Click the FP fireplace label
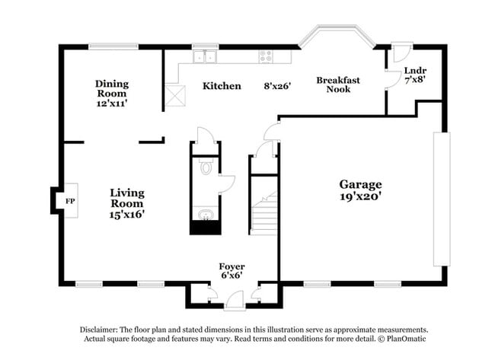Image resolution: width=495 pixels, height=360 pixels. [x=70, y=201]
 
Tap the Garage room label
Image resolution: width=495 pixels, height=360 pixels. [x=360, y=184]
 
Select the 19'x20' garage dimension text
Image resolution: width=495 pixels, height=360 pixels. [x=360, y=196]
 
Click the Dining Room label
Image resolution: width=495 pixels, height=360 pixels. [x=112, y=88]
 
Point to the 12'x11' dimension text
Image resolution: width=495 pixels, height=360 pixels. [x=112, y=104]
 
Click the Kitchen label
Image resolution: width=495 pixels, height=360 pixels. [x=222, y=86]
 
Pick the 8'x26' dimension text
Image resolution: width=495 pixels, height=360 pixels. [x=277, y=86]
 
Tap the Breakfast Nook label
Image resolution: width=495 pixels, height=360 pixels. [x=338, y=84]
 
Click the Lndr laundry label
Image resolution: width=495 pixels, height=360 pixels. [x=416, y=71]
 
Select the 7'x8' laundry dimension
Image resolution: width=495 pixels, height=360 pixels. [x=416, y=80]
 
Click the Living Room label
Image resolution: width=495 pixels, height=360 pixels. [x=127, y=198]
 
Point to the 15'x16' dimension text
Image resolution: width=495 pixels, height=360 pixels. [x=127, y=215]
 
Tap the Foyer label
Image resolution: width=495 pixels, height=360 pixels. [x=232, y=266]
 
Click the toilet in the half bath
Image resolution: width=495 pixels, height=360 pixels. [x=206, y=166]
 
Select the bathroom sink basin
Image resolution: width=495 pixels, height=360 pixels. [x=206, y=215]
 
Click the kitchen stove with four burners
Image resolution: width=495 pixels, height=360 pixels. [x=266, y=57]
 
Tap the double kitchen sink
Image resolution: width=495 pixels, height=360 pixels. [x=205, y=57]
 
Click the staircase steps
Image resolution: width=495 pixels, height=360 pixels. [x=264, y=213]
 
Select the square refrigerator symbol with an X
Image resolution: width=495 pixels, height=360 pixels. [x=175, y=96]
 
